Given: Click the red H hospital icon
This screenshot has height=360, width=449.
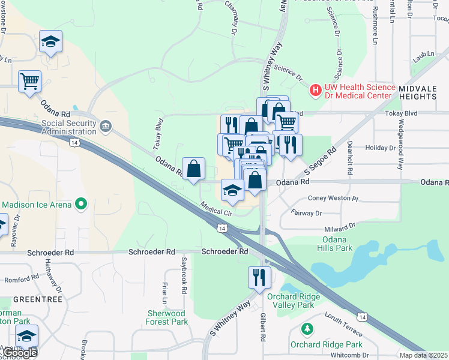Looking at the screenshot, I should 315,91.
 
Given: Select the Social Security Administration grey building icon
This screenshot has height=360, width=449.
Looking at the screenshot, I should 106,125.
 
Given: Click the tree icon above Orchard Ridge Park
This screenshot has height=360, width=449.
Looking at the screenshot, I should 307,329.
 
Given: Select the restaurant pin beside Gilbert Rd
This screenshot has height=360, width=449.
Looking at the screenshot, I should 259,277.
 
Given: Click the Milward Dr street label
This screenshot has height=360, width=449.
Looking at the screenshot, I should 339,228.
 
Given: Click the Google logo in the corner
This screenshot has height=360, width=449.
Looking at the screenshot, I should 20,353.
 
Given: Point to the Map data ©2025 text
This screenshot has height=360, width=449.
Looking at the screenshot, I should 423,355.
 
